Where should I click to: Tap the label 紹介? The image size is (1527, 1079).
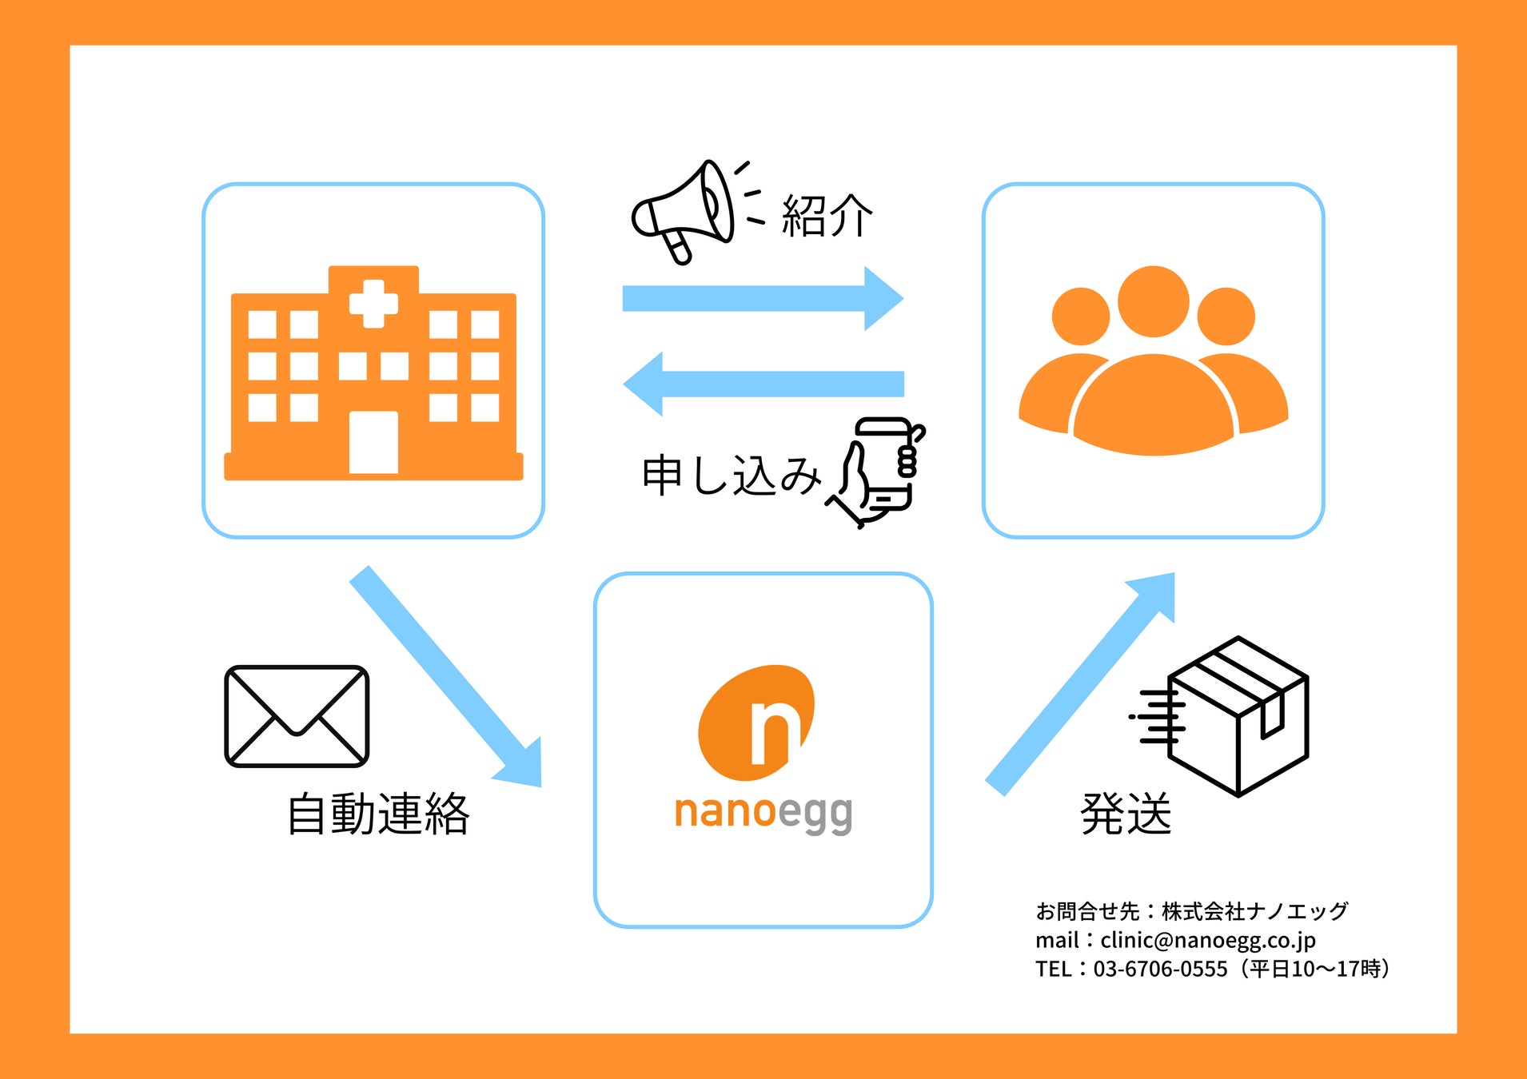click(x=827, y=216)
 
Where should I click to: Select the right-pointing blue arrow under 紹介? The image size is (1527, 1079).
click(x=763, y=298)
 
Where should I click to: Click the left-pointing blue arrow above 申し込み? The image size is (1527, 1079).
click(x=763, y=384)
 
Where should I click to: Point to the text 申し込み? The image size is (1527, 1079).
click(x=731, y=476)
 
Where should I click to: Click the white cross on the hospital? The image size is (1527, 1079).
click(x=373, y=304)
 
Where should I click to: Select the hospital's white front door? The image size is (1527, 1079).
click(x=373, y=442)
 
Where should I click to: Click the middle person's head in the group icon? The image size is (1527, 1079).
click(x=1153, y=301)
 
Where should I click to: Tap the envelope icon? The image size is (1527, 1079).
click(x=297, y=716)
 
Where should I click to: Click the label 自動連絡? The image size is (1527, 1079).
click(x=378, y=814)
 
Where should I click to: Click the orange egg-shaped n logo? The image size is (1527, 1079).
click(x=756, y=723)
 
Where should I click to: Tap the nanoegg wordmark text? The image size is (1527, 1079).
click(x=763, y=813)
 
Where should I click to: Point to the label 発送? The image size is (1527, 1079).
click(x=1126, y=814)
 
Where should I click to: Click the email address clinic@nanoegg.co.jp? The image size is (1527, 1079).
click(x=1207, y=940)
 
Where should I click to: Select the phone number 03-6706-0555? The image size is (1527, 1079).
click(x=1160, y=970)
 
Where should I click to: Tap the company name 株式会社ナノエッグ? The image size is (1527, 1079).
click(x=1254, y=911)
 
